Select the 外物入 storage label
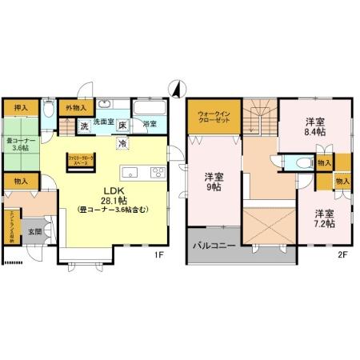point(76,107)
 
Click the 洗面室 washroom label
point(104,124)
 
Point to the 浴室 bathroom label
point(150,124)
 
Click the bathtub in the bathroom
point(148,108)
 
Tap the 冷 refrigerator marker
point(122,142)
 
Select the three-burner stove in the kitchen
point(157,172)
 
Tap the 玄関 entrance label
point(36,232)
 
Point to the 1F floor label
point(158,255)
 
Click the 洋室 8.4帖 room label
point(314,128)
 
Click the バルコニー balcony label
point(212,246)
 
